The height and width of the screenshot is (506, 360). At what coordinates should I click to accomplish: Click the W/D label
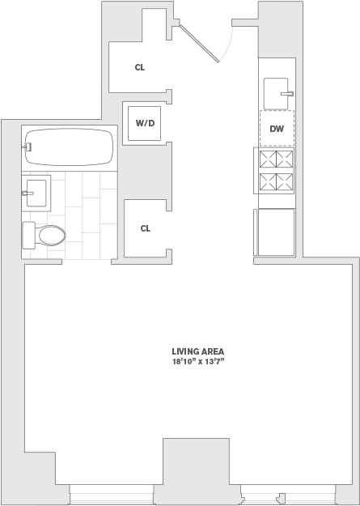click(x=146, y=124)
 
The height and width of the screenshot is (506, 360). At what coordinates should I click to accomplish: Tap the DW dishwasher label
click(x=277, y=128)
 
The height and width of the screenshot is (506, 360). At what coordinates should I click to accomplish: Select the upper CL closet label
click(x=140, y=68)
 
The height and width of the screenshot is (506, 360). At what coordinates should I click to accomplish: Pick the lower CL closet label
click(x=146, y=228)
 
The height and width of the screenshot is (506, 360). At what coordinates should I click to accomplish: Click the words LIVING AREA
click(x=197, y=351)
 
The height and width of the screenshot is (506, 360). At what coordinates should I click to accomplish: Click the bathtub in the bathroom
click(x=68, y=147)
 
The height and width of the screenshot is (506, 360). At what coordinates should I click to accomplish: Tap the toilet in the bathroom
click(x=45, y=236)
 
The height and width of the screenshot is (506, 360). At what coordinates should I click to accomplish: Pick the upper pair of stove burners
click(x=277, y=159)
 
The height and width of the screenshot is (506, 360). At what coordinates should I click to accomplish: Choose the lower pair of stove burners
click(x=277, y=182)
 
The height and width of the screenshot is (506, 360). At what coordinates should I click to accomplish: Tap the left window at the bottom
click(x=110, y=492)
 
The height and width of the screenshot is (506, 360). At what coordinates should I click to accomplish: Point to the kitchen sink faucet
click(x=286, y=94)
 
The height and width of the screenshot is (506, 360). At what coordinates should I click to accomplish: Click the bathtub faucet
click(x=28, y=147)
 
